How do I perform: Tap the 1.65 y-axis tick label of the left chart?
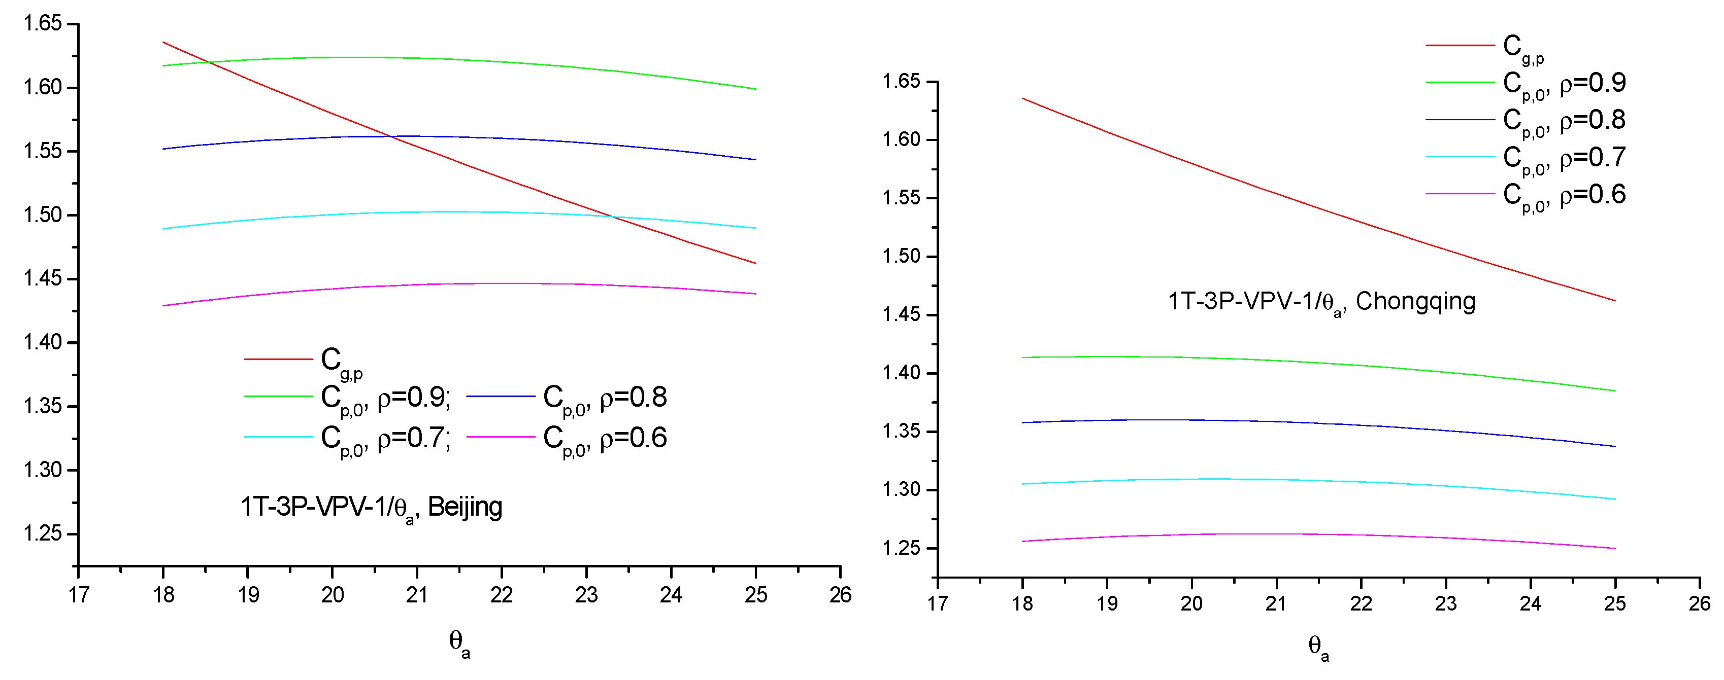click(42, 24)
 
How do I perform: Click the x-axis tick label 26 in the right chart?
click(1699, 604)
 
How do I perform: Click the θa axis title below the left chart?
click(459, 643)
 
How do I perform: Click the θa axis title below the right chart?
click(1318, 647)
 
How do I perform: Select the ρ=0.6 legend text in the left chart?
click(633, 438)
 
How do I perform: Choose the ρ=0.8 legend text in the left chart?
click(633, 397)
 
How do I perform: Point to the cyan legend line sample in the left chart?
click(278, 437)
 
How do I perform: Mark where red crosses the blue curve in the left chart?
click(391, 136)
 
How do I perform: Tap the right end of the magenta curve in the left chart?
click(755, 294)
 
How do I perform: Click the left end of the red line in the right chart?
click(1022, 98)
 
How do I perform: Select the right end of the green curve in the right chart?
click(1615, 391)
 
